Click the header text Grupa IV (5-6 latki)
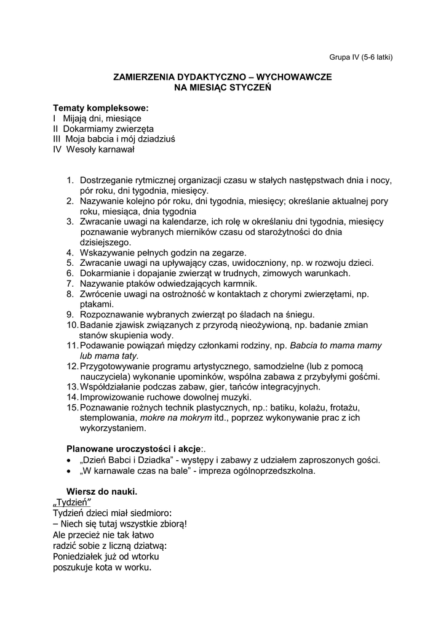tap(360, 57)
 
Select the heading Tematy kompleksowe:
tap(101, 108)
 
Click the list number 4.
tap(70, 252)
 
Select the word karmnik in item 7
tap(238, 284)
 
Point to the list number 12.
tap(72, 366)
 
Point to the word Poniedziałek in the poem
tap(81, 556)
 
